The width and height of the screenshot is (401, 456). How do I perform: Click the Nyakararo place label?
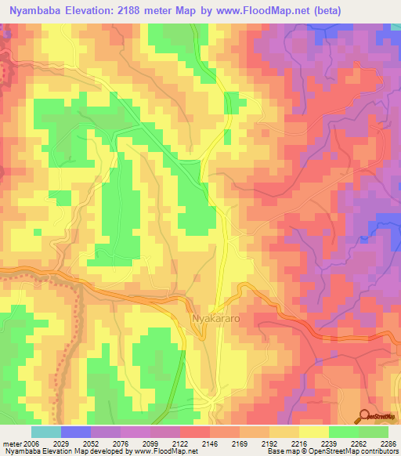[x=217, y=319]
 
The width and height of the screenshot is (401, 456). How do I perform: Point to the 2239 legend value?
[x=330, y=443]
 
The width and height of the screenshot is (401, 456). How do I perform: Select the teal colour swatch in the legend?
[x=45, y=432]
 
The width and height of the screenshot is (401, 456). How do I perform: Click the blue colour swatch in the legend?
[x=75, y=432]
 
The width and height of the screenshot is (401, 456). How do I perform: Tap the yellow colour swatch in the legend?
[x=313, y=432]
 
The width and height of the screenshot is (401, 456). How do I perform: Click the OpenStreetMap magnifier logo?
[x=364, y=416]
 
